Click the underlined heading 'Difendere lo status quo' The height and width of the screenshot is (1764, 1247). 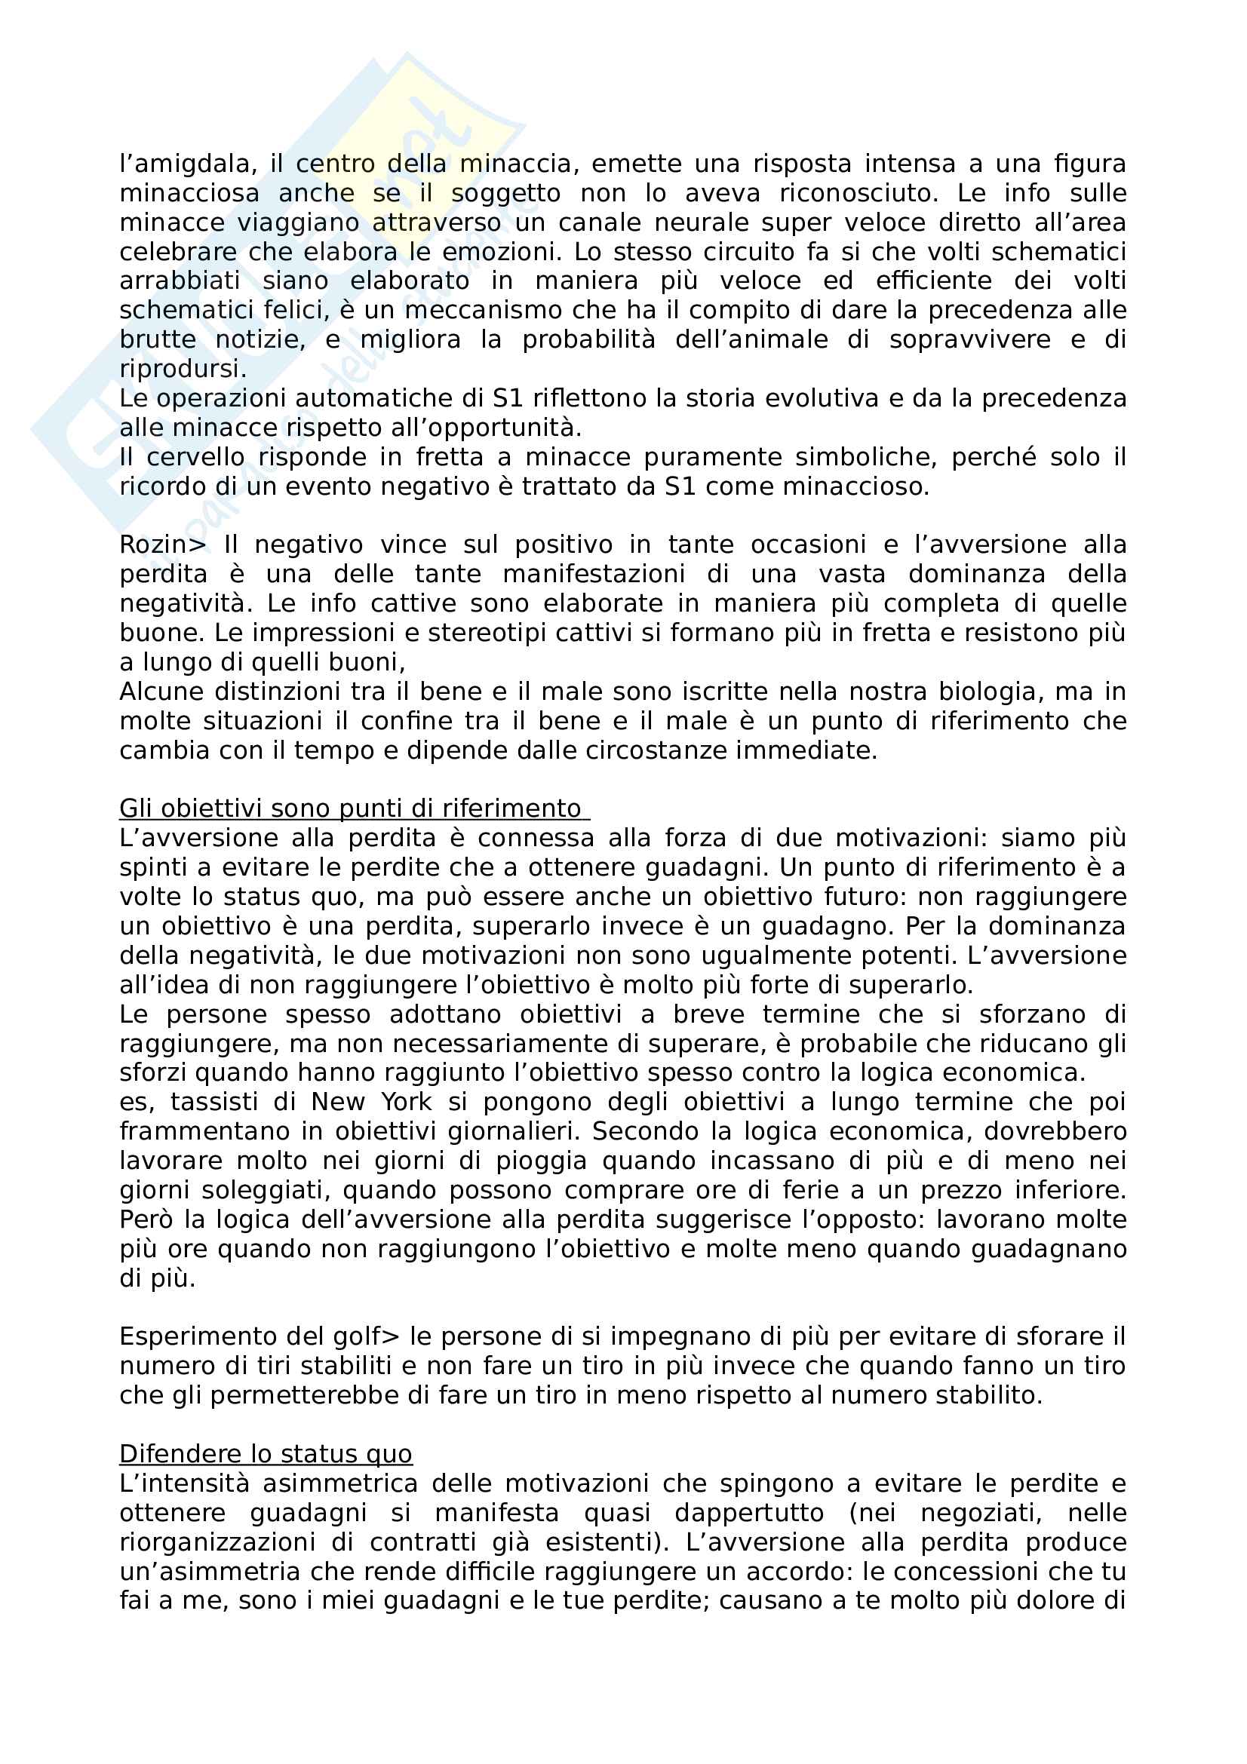tap(266, 1454)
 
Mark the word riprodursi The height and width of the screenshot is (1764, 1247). tap(183, 370)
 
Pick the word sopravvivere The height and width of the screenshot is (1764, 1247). tap(969, 339)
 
